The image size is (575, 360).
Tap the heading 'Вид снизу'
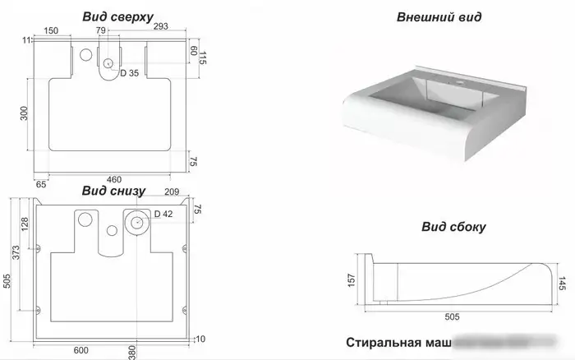[113, 192]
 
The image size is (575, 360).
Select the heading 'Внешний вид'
[439, 16]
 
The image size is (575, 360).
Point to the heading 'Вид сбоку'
[453, 227]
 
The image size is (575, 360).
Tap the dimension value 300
[25, 113]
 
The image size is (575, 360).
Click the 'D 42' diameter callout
[163, 215]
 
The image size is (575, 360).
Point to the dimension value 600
[80, 350]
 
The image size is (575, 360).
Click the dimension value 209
[172, 192]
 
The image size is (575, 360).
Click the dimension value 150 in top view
[51, 30]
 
